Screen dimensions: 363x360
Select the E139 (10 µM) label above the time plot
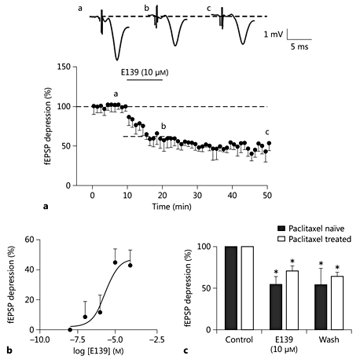(x=145, y=71)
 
